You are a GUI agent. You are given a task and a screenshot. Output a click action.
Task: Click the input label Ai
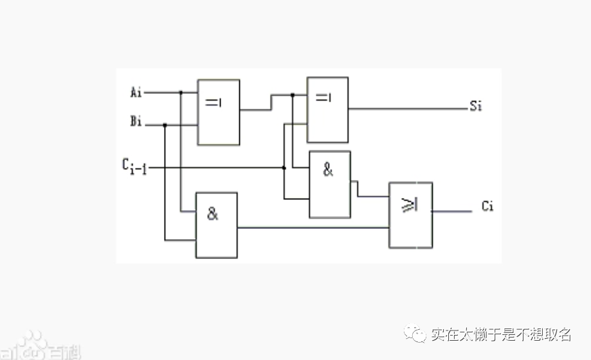click(136, 93)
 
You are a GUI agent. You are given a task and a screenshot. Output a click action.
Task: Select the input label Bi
click(136, 122)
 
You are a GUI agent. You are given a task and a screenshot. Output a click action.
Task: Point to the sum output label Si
click(475, 107)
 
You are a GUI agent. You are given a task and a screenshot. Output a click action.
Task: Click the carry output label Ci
click(487, 207)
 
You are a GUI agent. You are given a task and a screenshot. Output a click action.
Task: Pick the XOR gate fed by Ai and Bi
click(218, 112)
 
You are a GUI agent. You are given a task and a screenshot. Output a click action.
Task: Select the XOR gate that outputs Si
click(327, 109)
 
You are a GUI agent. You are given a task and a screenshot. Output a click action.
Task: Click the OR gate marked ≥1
click(410, 215)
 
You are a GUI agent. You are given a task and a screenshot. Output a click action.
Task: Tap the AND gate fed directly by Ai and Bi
click(216, 225)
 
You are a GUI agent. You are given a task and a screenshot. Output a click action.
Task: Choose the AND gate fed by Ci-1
click(330, 184)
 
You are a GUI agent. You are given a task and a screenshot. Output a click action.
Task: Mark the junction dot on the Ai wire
click(181, 93)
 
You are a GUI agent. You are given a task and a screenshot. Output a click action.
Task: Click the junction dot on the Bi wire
click(165, 125)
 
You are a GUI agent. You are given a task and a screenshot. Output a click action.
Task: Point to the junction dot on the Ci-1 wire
click(284, 168)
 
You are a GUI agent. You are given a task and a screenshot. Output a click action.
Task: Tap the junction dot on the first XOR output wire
click(293, 95)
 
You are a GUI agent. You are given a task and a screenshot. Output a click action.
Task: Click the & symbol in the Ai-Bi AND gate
click(212, 214)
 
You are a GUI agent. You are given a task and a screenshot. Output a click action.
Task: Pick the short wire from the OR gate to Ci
click(451, 210)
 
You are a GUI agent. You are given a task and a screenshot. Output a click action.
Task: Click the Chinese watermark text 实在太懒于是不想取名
click(501, 334)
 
